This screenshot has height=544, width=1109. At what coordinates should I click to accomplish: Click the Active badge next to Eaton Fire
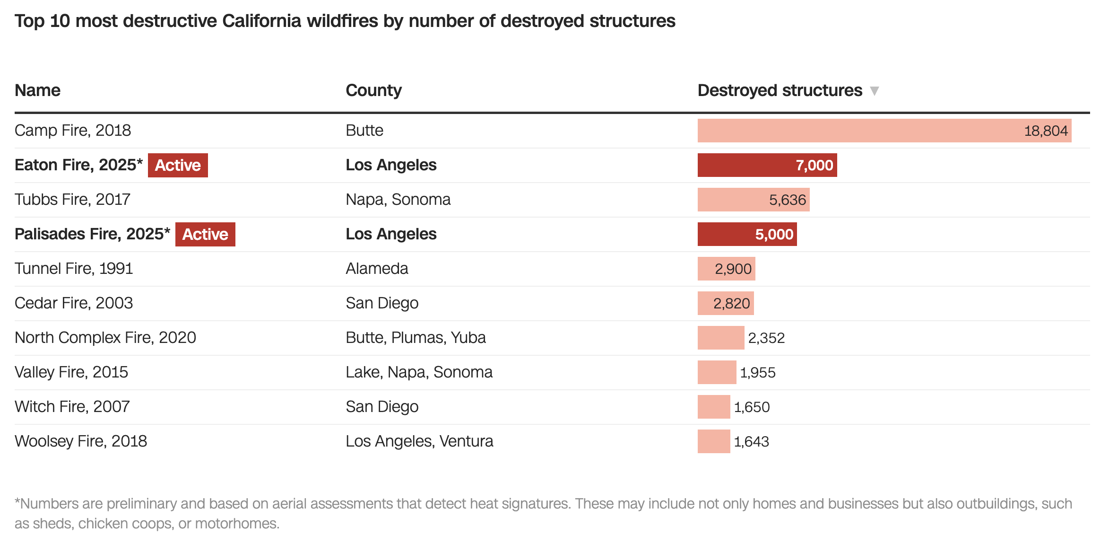pyautogui.click(x=178, y=165)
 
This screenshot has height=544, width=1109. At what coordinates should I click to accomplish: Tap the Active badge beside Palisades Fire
pyautogui.click(x=205, y=234)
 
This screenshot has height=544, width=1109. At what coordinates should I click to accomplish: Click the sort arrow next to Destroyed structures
pyautogui.click(x=874, y=91)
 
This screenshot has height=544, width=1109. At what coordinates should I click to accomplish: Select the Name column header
pyautogui.click(x=38, y=90)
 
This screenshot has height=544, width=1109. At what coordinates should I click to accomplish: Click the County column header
pyautogui.click(x=373, y=90)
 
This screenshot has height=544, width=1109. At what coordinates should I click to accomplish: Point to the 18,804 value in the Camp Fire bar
pyautogui.click(x=1046, y=131)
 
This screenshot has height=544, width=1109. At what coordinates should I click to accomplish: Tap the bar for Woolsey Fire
pyautogui.click(x=714, y=441)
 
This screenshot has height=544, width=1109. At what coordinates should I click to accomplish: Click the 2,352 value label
pyautogui.click(x=766, y=338)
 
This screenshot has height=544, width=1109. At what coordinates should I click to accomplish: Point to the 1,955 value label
pyautogui.click(x=758, y=372)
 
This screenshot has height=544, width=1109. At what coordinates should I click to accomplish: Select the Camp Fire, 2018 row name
pyautogui.click(x=73, y=131)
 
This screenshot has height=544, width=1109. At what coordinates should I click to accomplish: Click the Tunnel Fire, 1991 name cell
pyautogui.click(x=74, y=269)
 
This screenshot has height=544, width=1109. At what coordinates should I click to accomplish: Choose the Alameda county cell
pyautogui.click(x=377, y=269)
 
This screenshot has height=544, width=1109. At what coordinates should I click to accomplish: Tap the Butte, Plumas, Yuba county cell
pyautogui.click(x=416, y=338)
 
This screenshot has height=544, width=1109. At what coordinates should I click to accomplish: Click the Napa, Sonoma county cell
pyautogui.click(x=398, y=200)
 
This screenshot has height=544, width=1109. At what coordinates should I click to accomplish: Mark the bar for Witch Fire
pyautogui.click(x=714, y=407)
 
